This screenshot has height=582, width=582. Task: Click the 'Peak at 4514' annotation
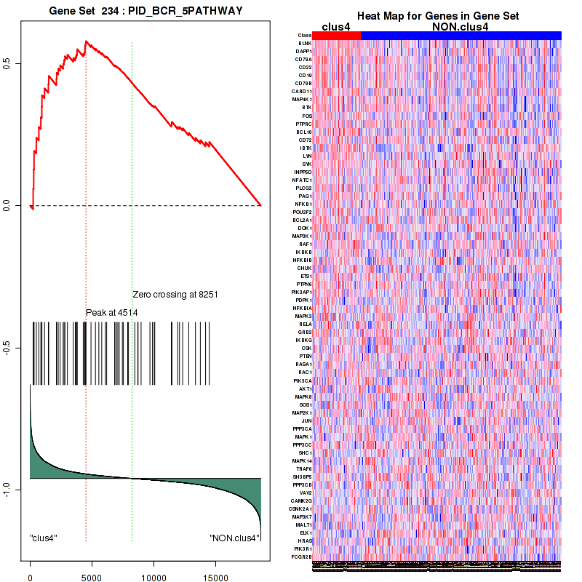pyautogui.click(x=112, y=313)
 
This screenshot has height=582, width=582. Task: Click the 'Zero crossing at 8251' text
pyautogui.click(x=175, y=295)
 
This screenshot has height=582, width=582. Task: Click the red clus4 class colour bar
pyautogui.click(x=336, y=35)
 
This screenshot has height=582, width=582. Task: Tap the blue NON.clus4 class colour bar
pyautogui.click(x=461, y=35)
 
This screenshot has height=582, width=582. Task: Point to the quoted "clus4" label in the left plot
pyautogui.click(x=44, y=538)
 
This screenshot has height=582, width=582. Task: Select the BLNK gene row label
pyautogui.click(x=305, y=44)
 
